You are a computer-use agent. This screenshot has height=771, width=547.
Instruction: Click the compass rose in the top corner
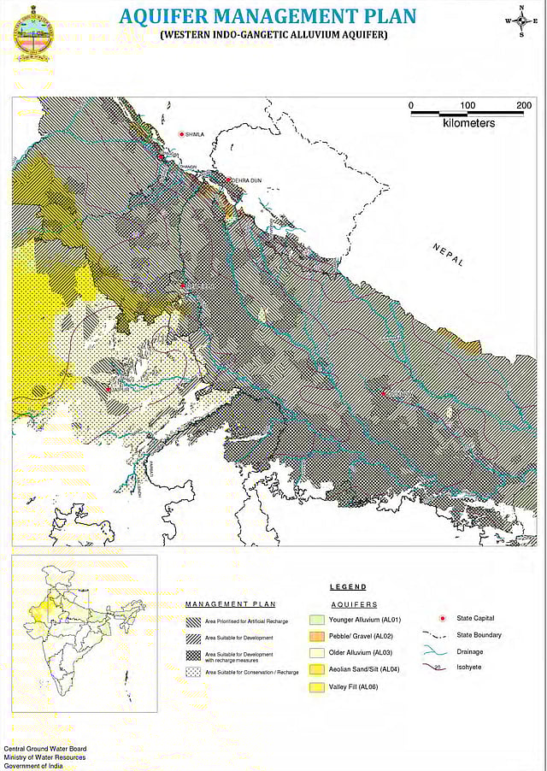521,21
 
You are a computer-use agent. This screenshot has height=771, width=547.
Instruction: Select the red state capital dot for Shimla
181,135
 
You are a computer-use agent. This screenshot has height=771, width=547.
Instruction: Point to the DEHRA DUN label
245,180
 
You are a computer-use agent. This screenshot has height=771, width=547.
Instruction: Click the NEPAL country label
448,254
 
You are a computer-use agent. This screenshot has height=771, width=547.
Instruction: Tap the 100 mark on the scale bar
468,105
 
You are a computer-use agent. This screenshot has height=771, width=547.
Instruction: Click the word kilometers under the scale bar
468,124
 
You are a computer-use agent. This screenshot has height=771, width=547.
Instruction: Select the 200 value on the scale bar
524,105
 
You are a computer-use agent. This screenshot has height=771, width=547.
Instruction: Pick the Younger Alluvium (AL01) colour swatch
316,620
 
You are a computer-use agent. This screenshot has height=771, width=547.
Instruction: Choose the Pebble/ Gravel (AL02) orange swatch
316,637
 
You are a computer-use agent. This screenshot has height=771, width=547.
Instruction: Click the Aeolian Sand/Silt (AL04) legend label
364,669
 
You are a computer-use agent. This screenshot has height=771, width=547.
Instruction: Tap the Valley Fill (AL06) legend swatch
316,686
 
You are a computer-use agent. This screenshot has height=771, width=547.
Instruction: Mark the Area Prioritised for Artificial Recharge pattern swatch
195,621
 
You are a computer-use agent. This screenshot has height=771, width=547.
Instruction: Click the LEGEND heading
348,587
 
